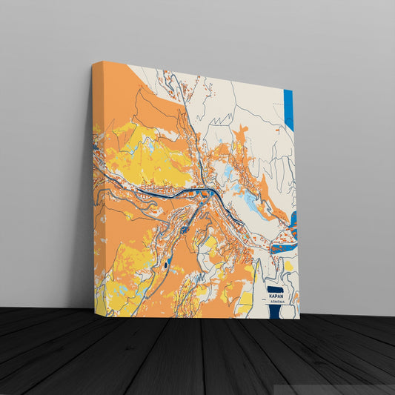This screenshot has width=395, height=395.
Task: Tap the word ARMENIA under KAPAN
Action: click(277, 302)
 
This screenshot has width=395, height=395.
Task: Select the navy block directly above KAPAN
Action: click(275, 288)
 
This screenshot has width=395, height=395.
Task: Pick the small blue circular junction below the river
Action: click(184, 230)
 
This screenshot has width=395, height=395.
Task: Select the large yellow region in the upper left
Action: click(148, 156)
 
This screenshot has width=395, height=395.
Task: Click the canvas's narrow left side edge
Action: click(93, 193)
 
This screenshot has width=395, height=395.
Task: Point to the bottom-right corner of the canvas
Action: click(299, 319)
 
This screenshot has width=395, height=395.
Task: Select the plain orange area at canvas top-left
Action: click(111, 89)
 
